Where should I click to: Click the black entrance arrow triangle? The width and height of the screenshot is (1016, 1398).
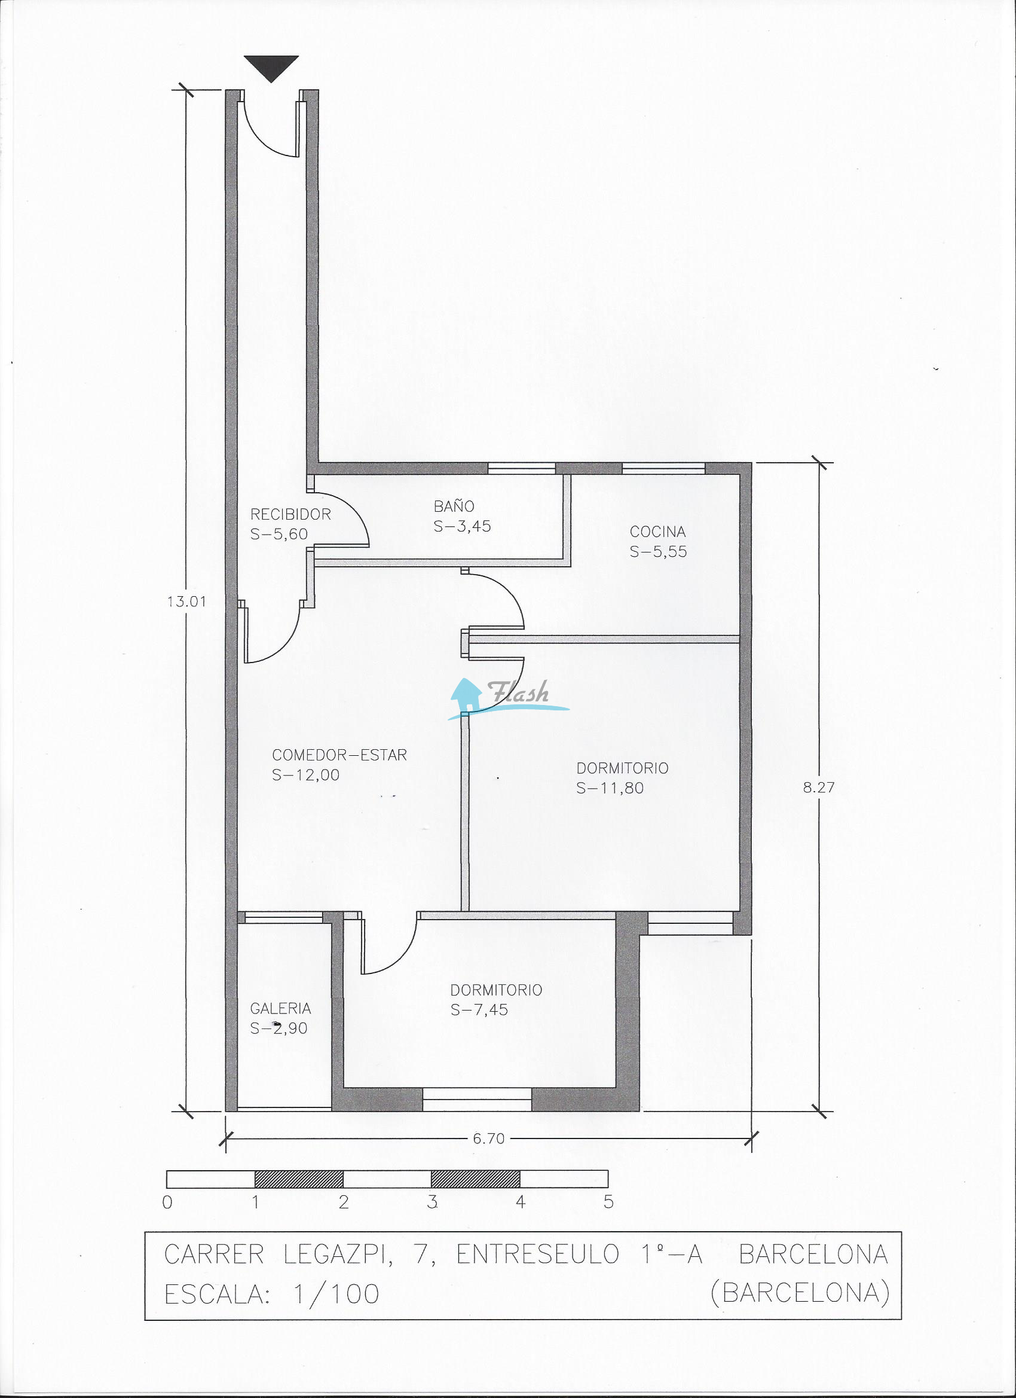point(271,67)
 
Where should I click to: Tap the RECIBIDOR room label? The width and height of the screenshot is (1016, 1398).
point(290,514)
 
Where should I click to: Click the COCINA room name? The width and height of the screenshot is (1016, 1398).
point(657,532)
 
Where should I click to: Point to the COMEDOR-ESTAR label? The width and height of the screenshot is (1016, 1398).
point(339,755)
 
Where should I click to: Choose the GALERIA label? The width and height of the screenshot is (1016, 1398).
point(280,1008)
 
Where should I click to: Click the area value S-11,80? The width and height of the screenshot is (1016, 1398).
point(610,787)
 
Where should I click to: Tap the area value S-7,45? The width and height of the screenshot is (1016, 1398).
point(479,1010)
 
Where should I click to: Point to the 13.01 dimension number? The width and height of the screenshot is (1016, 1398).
point(186,601)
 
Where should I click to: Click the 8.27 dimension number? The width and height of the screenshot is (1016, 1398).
point(819,787)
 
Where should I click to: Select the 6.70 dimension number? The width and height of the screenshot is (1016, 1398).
point(489,1138)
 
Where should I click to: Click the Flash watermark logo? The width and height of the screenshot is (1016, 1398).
point(509,699)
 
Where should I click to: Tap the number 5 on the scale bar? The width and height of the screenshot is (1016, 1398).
point(609,1202)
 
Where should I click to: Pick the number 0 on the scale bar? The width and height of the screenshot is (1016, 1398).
point(167,1202)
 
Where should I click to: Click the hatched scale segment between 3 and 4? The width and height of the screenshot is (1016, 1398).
point(476,1179)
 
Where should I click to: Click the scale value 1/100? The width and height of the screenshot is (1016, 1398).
point(336,1295)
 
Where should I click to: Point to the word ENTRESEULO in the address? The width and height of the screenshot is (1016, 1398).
point(538,1254)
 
